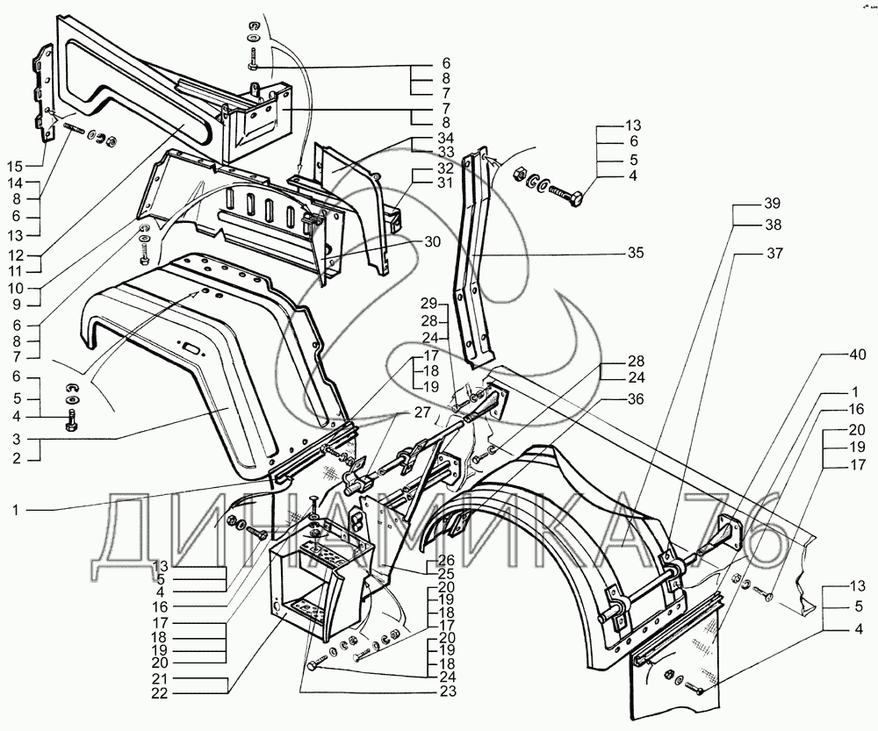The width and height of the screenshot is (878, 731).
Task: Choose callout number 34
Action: point(444,139)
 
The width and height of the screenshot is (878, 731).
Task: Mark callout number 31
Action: point(444,183)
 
